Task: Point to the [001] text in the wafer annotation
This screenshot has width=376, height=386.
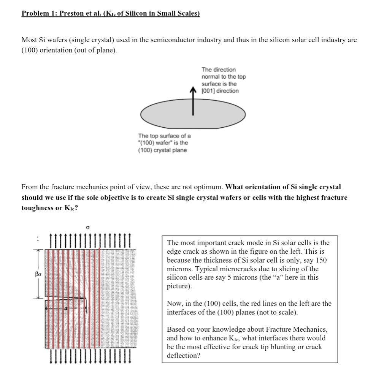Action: [208, 91]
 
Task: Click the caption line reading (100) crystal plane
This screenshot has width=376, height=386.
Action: [162, 150]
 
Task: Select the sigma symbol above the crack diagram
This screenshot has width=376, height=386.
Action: [88, 227]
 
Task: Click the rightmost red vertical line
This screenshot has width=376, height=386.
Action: [100, 296]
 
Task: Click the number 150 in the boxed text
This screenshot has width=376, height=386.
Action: [321, 260]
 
